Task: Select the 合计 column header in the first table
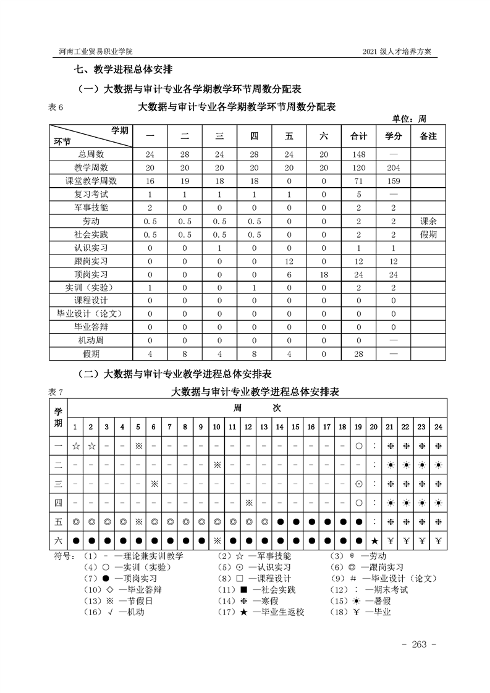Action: pos(359,136)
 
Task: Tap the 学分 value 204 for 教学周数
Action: pos(394,167)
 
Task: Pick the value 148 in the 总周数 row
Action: pos(359,154)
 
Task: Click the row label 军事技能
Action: pos(91,208)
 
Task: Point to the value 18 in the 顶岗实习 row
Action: pos(324,274)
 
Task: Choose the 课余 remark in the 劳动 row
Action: pos(428,221)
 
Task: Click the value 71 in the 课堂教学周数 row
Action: pos(359,181)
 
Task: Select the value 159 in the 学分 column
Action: pos(394,181)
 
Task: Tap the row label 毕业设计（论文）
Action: pos(91,314)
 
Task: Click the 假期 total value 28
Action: pos(359,354)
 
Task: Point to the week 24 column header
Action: pos(437,427)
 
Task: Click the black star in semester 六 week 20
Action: pos(374,541)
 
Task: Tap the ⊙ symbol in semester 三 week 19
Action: pos(358,484)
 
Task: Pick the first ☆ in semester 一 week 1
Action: pos(75,445)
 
